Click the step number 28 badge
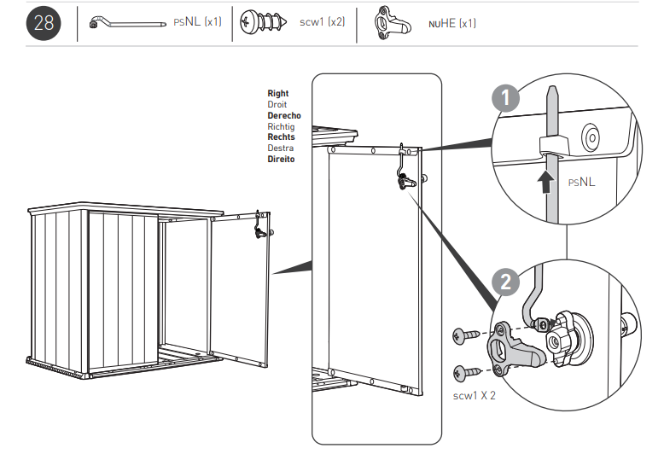coord(43,23)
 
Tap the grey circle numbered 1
coord(506,99)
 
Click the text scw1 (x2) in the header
coord(323,23)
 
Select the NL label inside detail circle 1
coord(582,182)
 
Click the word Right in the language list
coord(278,94)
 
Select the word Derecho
coord(283,115)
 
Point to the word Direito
coord(281,159)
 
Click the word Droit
coord(277,104)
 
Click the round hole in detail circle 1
coord(591,136)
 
